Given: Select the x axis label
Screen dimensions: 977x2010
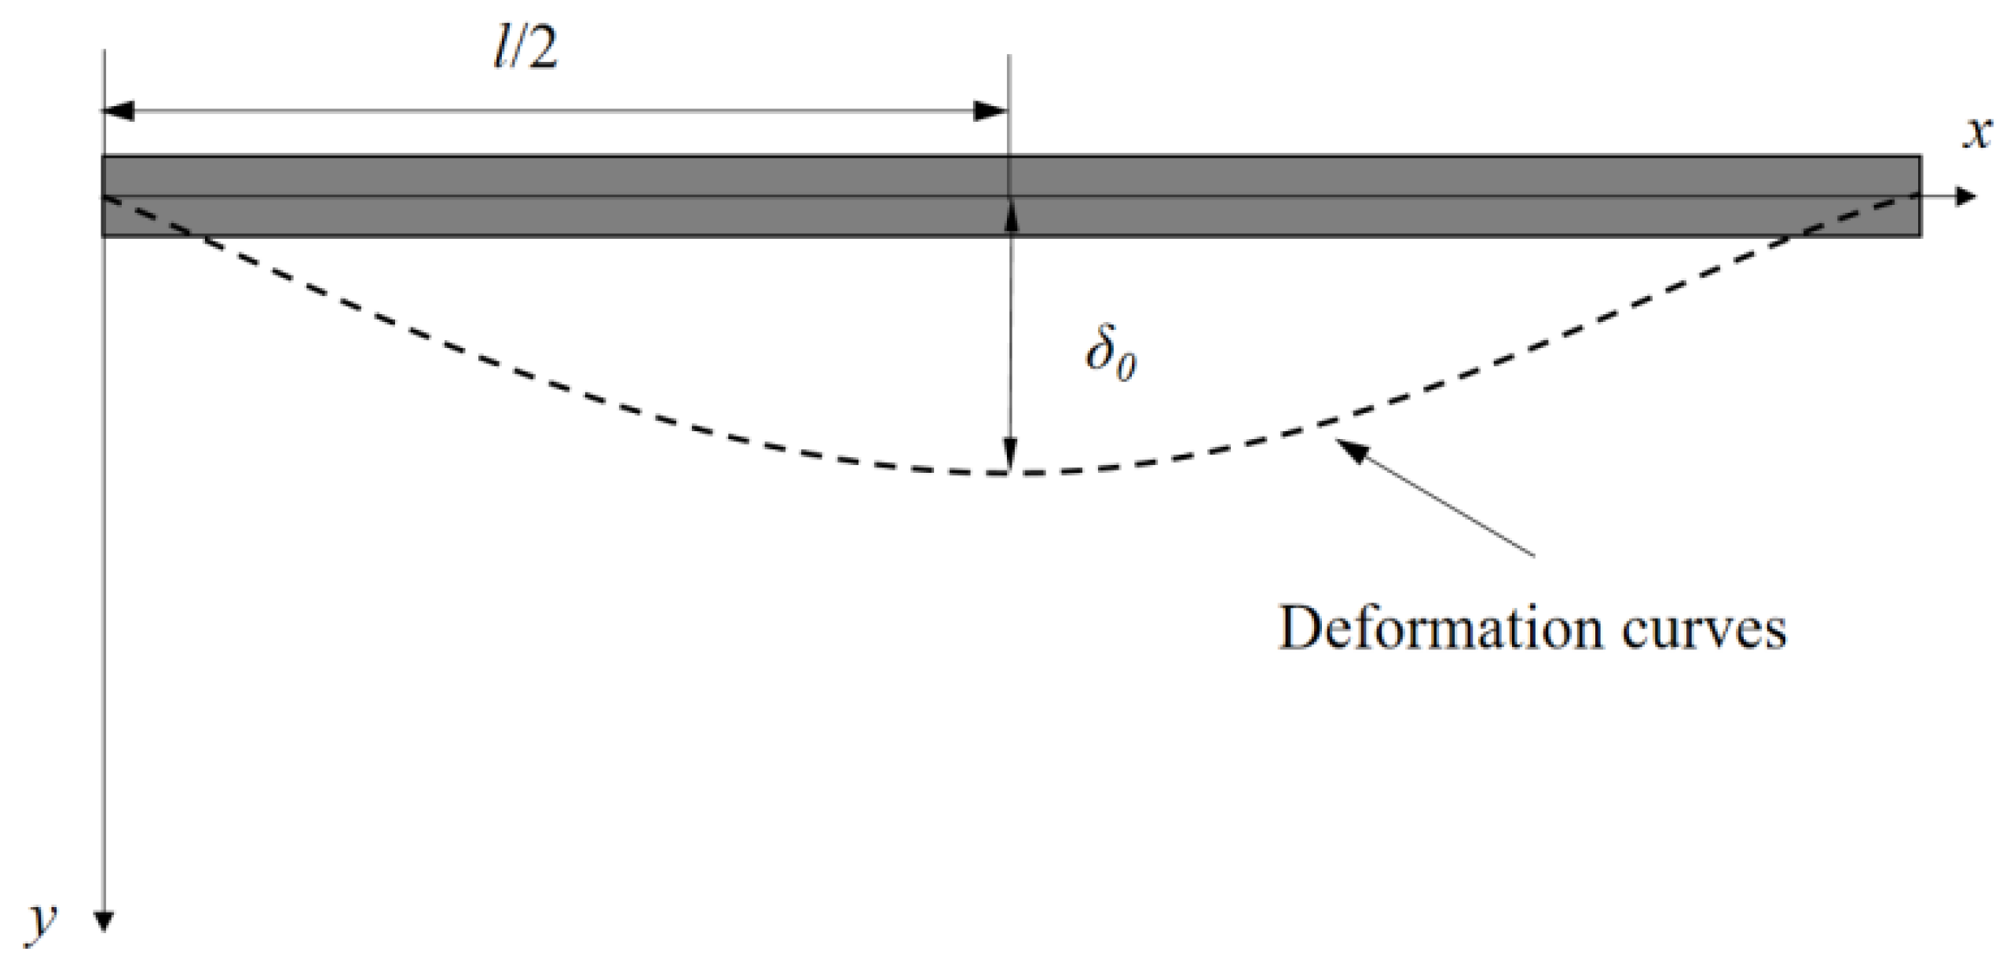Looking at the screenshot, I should (x=1979, y=134).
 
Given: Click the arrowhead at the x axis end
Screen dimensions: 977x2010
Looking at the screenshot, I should (x=1964, y=196).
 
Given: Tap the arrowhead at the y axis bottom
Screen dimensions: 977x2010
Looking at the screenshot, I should (x=104, y=921).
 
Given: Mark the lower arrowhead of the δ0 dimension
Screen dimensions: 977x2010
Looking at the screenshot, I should (x=1009, y=456).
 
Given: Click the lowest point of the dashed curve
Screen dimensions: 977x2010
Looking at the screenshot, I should (x=1009, y=474).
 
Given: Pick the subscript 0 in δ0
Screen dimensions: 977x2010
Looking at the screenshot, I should (x=1126, y=368).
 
